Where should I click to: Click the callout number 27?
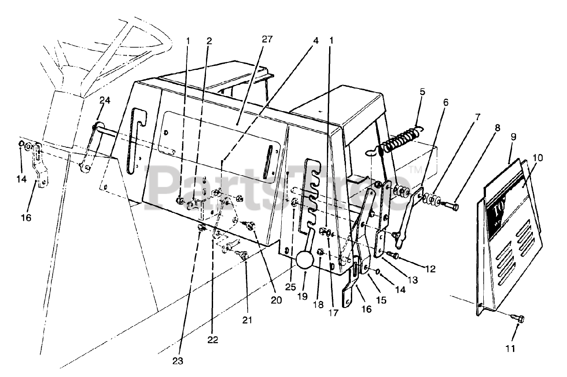[267, 39]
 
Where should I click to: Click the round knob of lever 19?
[304, 260]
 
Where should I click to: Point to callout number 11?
[510, 349]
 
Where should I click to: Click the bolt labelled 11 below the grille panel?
[519, 318]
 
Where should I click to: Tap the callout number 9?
[513, 138]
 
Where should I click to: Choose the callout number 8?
[497, 128]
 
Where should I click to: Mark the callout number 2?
[209, 41]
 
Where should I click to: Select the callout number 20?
[276, 300]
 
